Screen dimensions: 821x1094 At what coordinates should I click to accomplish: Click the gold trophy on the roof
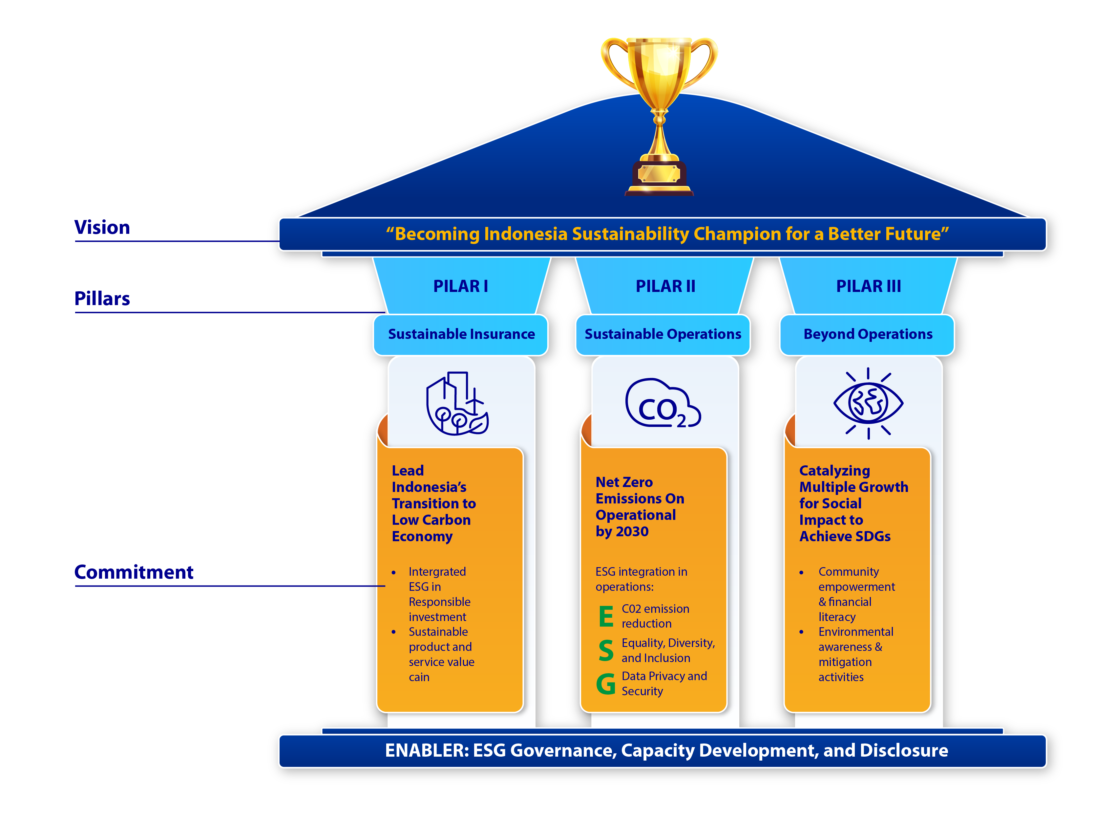tap(659, 114)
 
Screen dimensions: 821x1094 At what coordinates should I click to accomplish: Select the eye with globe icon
tap(868, 403)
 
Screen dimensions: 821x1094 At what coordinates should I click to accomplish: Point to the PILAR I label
tap(460, 286)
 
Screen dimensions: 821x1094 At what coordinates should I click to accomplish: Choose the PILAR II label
tap(665, 286)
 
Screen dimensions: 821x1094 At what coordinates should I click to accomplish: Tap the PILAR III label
tap(869, 286)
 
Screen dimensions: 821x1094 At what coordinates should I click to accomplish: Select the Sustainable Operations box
tap(663, 335)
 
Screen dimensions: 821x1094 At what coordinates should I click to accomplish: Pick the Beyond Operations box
tap(868, 335)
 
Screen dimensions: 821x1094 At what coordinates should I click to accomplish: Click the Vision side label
tap(102, 228)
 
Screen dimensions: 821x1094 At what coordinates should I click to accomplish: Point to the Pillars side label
tap(102, 299)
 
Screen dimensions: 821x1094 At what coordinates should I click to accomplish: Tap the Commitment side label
tap(134, 573)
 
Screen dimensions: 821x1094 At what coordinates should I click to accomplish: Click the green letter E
tap(606, 617)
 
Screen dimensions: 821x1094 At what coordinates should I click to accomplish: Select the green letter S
tap(606, 650)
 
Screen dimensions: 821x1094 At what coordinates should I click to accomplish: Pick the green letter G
tap(606, 684)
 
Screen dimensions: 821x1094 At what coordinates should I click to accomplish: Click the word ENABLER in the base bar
tap(426, 751)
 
